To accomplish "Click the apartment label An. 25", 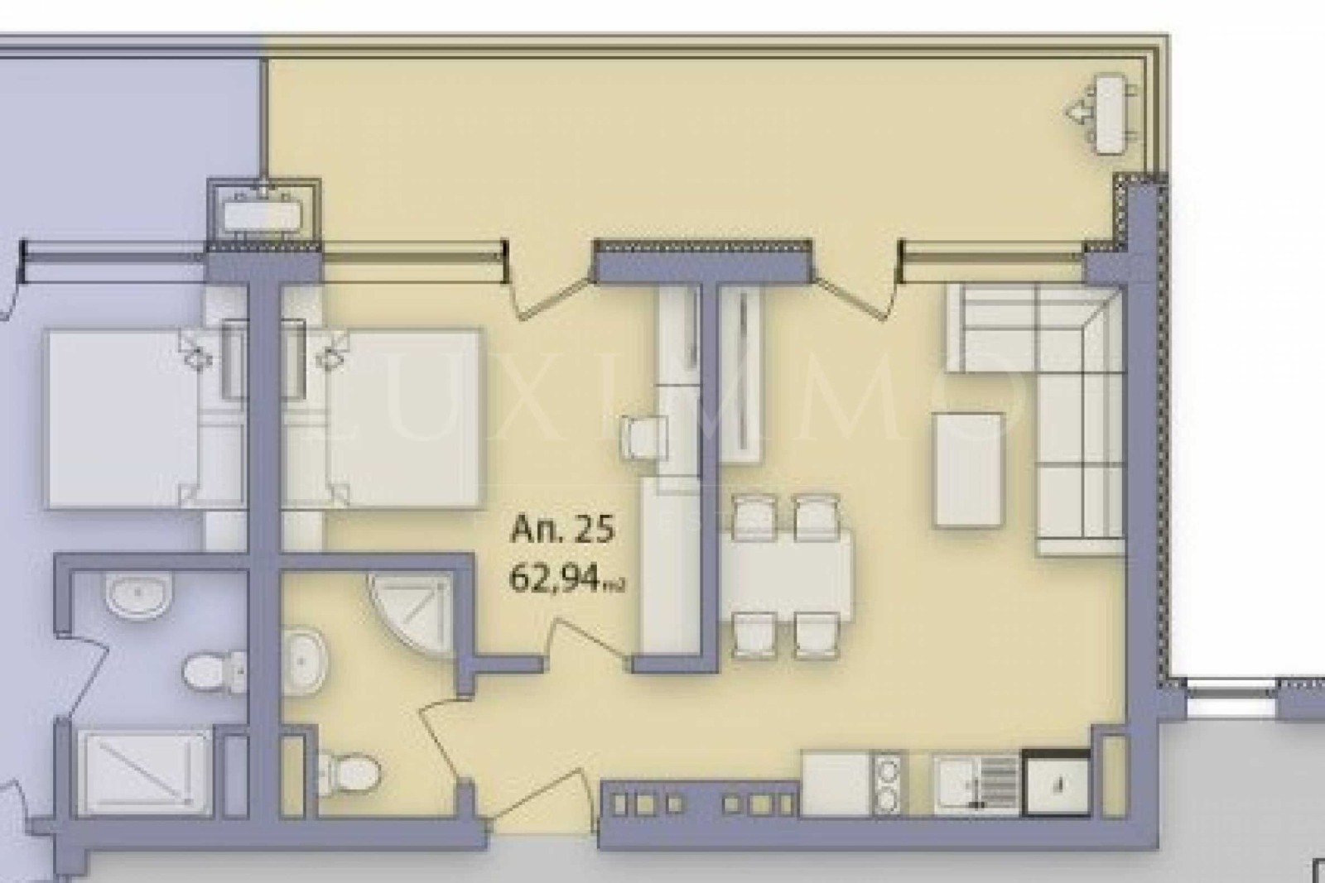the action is pyautogui.click(x=561, y=528).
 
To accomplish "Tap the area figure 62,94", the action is pyautogui.click(x=554, y=577).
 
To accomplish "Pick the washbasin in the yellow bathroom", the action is pyautogui.click(x=304, y=660).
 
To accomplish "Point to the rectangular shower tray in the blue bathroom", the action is pyautogui.click(x=144, y=773).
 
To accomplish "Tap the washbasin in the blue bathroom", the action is pyautogui.click(x=139, y=593).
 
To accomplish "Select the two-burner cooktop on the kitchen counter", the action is pyautogui.click(x=887, y=784).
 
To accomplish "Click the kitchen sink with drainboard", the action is pyautogui.click(x=977, y=784).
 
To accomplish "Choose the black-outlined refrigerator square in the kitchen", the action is pyautogui.click(x=1057, y=783).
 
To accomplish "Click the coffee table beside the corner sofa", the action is pyautogui.click(x=969, y=470).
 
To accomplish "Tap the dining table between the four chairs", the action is pyautogui.click(x=787, y=576).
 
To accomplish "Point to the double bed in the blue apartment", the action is pyautogui.click(x=145, y=419).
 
